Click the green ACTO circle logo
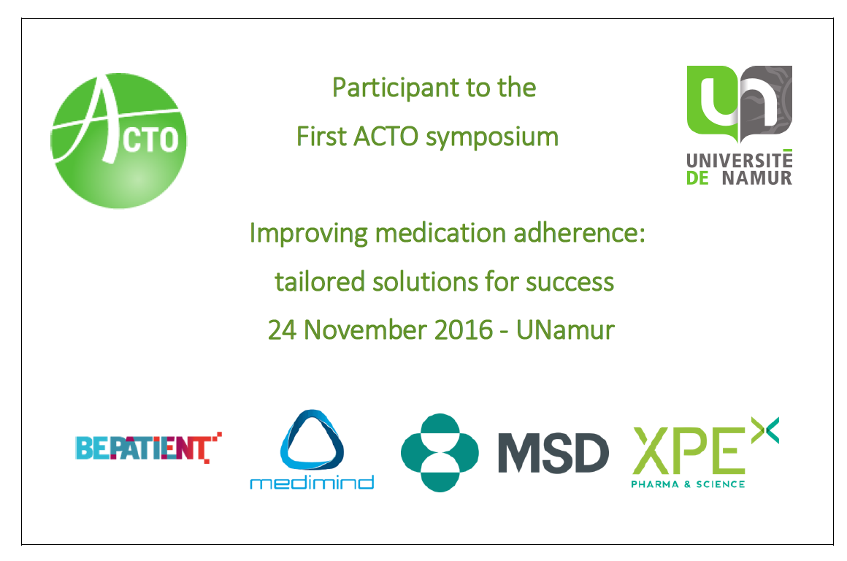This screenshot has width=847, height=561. click(x=119, y=140)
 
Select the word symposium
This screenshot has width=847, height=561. click(x=492, y=137)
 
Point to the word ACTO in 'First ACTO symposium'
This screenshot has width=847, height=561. click(x=386, y=136)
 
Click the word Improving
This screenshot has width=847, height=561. click(x=308, y=234)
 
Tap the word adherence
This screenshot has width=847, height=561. click(x=579, y=234)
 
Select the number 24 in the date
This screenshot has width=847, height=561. click(x=282, y=330)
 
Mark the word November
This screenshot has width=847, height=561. click(x=365, y=330)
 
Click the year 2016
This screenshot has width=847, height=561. click(x=464, y=330)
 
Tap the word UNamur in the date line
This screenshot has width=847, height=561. click(x=566, y=330)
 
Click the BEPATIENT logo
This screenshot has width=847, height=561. click(x=148, y=448)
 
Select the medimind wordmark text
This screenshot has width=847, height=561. click(x=312, y=482)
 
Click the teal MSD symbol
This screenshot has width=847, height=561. click(x=440, y=453)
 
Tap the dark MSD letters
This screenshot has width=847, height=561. click(x=553, y=453)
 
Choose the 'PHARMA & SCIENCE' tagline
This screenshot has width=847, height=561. click(x=688, y=484)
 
